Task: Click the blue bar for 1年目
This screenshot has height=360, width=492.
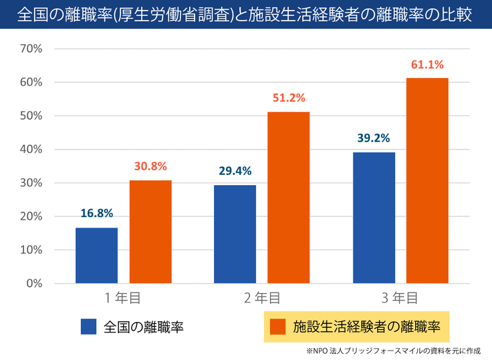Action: click(96, 255)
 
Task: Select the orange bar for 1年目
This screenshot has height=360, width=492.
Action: click(150, 232)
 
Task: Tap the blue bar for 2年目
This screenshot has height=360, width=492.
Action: click(235, 234)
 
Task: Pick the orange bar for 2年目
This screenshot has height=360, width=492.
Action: click(289, 197)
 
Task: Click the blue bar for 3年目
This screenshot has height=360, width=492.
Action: click(374, 218)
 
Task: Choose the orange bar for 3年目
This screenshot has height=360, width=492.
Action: click(428, 180)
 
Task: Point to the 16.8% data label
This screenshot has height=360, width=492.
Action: click(96, 214)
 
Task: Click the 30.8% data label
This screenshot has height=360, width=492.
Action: click(150, 166)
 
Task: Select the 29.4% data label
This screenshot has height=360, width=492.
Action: click(235, 171)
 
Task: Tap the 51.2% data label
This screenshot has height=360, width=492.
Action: click(289, 98)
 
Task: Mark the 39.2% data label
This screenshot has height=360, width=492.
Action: click(374, 138)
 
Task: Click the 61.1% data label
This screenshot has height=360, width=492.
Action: click(428, 65)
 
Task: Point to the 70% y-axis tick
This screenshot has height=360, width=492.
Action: click(32, 49)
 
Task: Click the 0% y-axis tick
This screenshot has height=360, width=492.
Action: click(35, 283)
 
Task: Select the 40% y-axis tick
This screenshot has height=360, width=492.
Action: click(32, 150)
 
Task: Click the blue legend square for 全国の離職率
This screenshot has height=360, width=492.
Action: click(89, 327)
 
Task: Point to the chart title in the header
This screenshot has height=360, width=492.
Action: click(246, 15)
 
